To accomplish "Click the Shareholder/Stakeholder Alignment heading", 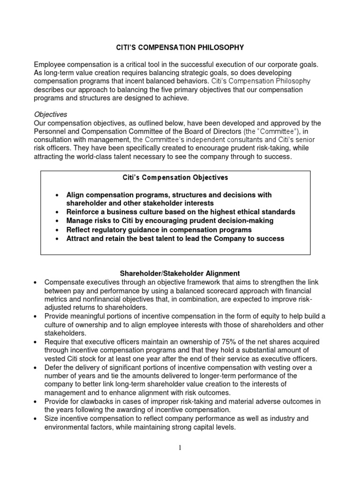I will click(x=180, y=273).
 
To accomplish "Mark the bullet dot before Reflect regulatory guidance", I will click(x=57, y=230).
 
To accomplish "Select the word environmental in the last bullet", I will click(x=67, y=427).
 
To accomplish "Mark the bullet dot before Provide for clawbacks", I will click(x=36, y=402).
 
